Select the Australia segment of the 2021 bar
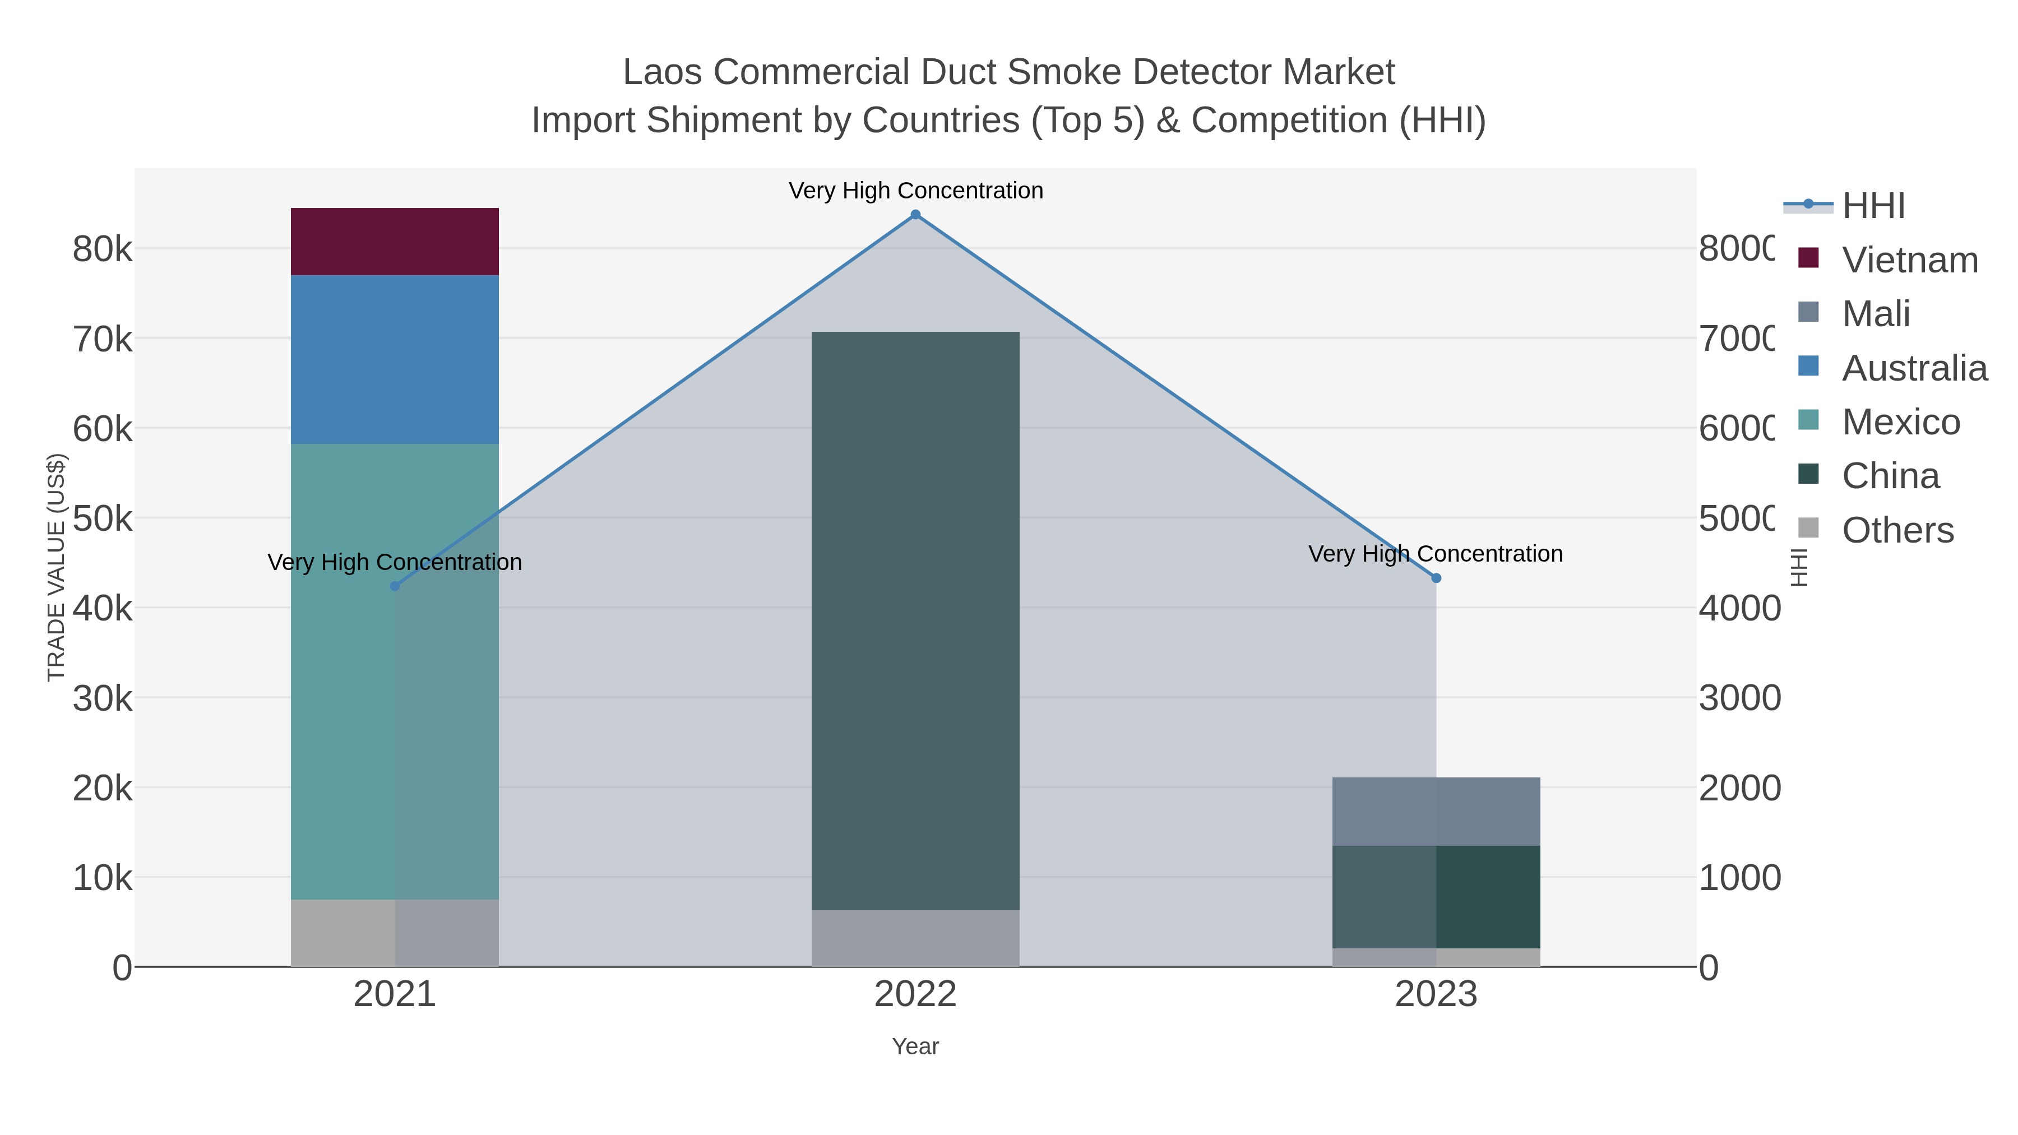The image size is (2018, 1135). [x=394, y=359]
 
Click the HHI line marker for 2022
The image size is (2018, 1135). [x=915, y=215]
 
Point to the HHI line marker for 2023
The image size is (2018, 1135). [x=1436, y=578]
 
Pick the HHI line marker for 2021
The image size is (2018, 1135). [x=395, y=586]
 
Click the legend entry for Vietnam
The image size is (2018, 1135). [x=1910, y=260]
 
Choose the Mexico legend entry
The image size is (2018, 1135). [x=1900, y=422]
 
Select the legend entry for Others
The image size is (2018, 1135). [x=1897, y=530]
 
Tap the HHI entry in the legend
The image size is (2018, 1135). [x=1873, y=206]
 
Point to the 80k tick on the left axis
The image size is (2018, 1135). [x=103, y=250]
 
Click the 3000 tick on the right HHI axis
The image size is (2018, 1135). [x=1739, y=698]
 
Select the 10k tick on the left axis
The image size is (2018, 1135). [x=103, y=878]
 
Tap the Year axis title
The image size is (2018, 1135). [x=915, y=1046]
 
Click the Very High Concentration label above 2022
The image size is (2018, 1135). [x=915, y=191]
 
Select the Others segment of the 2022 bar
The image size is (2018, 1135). [x=915, y=938]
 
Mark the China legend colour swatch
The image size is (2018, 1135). [x=1808, y=474]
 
